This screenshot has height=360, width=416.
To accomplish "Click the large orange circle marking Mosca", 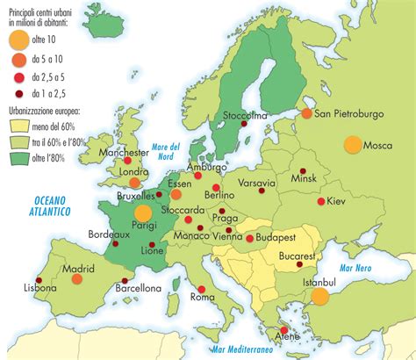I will [354, 146].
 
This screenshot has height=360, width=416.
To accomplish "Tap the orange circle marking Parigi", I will [142, 212].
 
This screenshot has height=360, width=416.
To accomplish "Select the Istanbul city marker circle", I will [319, 296].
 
